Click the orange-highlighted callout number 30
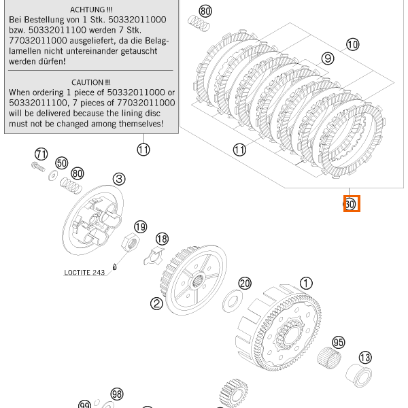coord(350,204)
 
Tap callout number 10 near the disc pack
coord(352,45)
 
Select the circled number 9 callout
coord(328,59)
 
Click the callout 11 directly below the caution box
coord(143,150)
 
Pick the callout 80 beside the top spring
coord(205,12)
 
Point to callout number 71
coord(41,153)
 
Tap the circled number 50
coord(61,163)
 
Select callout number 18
coord(162,239)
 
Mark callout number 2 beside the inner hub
coord(156,304)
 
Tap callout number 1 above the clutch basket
coord(306,283)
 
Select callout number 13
coord(365,358)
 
